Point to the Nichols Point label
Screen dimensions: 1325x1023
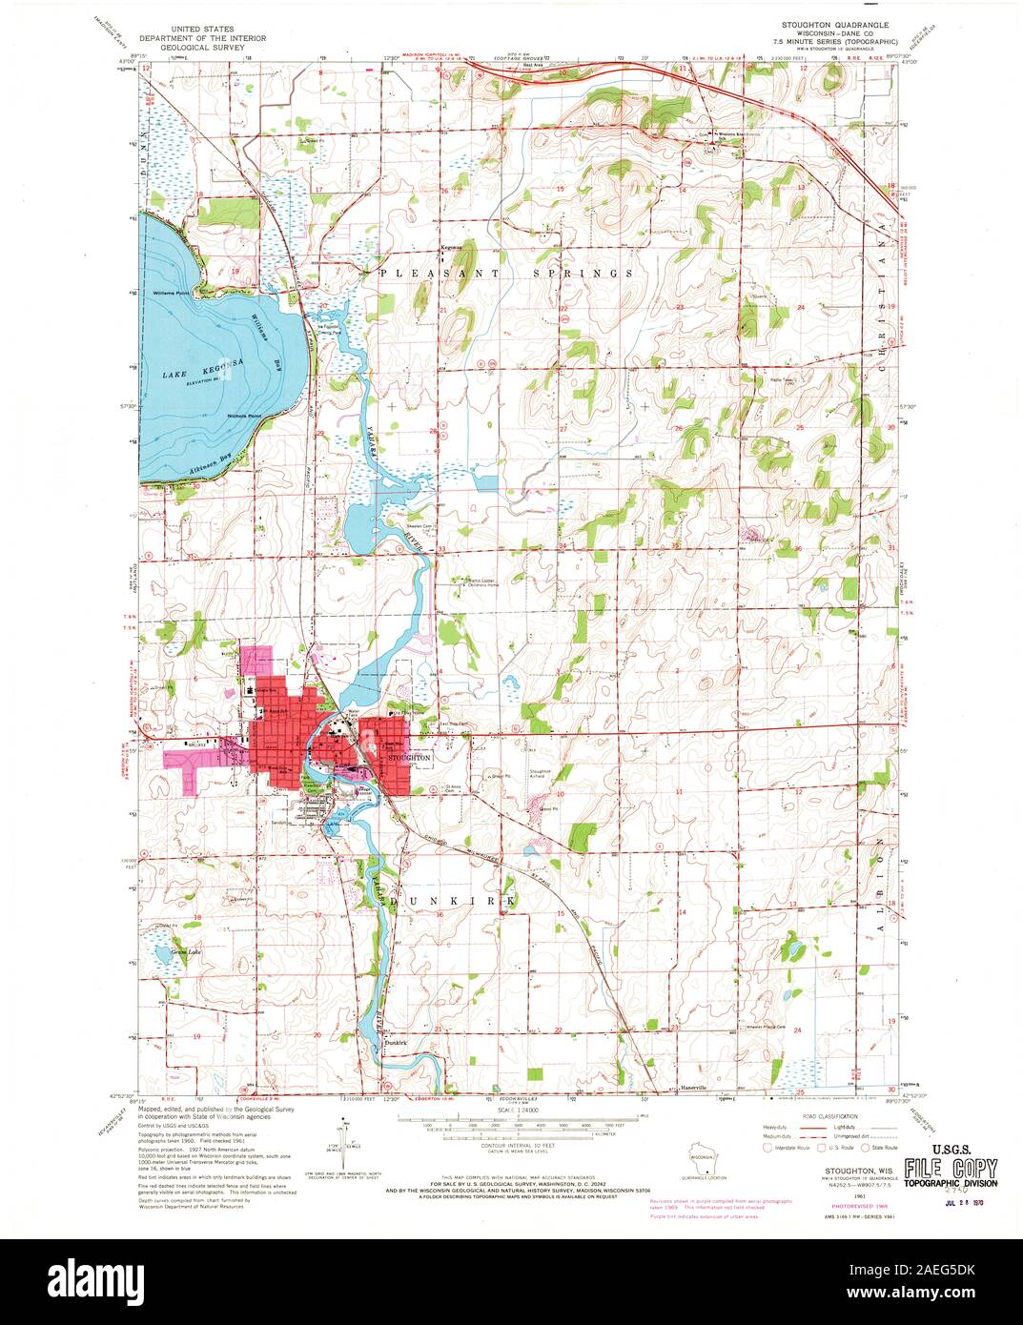(244, 416)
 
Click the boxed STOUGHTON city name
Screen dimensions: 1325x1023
(411, 755)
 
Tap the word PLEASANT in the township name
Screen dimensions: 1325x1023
(425, 273)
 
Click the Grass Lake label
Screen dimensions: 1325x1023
(185, 951)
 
